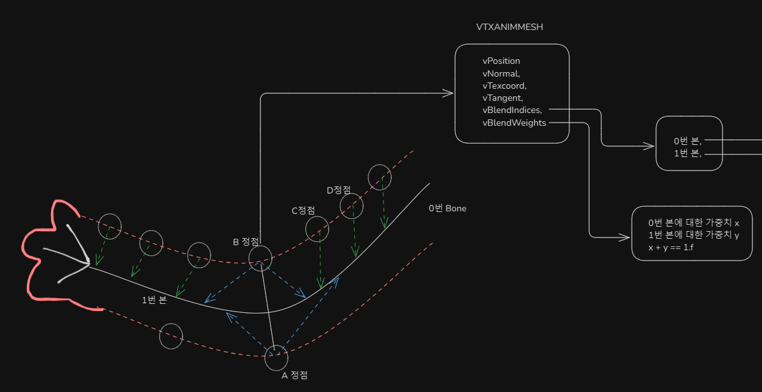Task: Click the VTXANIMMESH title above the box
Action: [509, 27]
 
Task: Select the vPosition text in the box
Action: [501, 61]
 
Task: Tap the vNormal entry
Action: [501, 73]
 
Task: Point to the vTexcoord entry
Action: [504, 86]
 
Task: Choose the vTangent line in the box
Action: [503, 98]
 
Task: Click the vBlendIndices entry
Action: [512, 110]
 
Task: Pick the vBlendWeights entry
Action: [514, 123]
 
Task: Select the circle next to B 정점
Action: [260, 259]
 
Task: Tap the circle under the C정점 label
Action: [317, 228]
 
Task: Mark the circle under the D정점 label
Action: [351, 206]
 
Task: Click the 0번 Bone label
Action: [447, 208]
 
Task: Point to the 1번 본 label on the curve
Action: [154, 300]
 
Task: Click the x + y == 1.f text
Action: [671, 248]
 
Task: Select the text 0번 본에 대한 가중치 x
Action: [693, 223]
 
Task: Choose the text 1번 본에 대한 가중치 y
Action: [693, 236]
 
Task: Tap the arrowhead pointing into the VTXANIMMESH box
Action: [449, 94]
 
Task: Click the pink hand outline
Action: [45, 255]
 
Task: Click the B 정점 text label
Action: [246, 242]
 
